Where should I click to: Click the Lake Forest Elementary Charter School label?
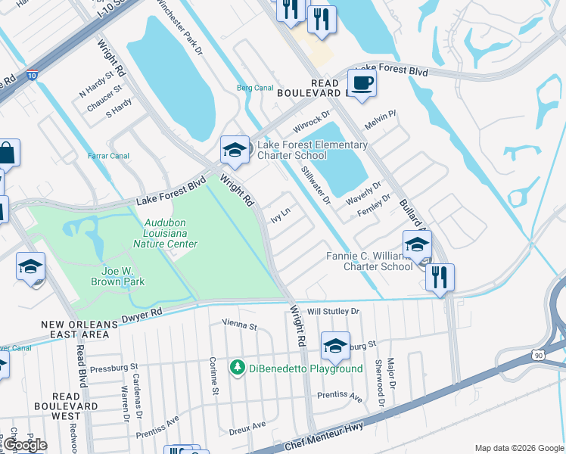(x=312, y=150)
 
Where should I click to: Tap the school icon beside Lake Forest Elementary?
(x=235, y=149)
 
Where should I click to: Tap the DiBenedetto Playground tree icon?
(x=238, y=368)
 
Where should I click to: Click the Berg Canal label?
(x=255, y=88)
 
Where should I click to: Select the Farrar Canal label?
(x=108, y=156)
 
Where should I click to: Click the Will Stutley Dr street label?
(x=332, y=311)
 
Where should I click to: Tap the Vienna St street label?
(x=240, y=325)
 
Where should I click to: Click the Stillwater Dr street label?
(x=316, y=187)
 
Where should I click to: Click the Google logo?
(x=24, y=445)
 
